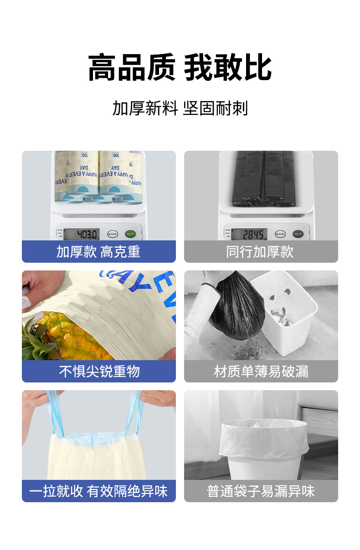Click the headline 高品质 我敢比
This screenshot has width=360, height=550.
[180, 68]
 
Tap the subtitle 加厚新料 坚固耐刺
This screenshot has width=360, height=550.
[180, 109]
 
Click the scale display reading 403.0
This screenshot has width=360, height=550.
[81, 234]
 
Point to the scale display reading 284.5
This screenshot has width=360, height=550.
[248, 234]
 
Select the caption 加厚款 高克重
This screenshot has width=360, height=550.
[98, 252]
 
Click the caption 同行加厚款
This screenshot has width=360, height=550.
[260, 252]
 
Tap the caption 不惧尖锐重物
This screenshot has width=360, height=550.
[98, 372]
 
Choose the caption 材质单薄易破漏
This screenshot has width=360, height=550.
[261, 372]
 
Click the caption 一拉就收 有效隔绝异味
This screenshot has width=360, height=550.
[98, 491]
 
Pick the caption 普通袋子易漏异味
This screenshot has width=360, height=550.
[261, 491]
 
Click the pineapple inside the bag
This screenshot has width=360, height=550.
[64, 337]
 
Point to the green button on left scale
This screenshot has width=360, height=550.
[130, 234]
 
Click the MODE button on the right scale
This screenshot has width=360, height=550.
[280, 234]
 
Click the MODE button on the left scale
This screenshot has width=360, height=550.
[113, 234]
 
